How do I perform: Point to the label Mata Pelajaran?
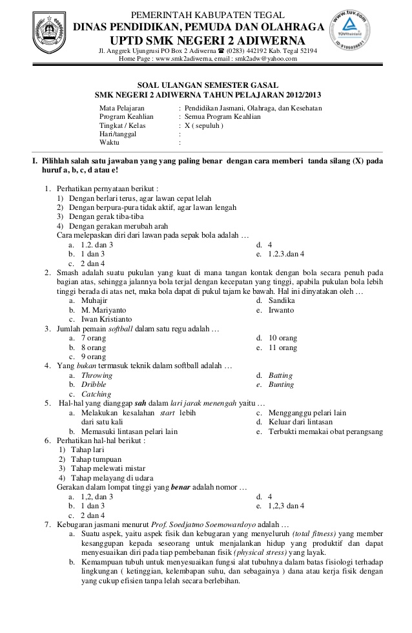tap(122, 108)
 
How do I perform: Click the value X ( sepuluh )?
tap(203, 126)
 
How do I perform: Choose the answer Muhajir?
tap(94, 301)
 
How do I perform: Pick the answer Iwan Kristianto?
tap(107, 319)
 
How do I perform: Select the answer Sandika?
tap(282, 301)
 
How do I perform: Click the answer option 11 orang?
tap(283, 348)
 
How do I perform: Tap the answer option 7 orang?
tap(93, 338)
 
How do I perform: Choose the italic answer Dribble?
tap(94, 385)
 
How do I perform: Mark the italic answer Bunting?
tap(281, 385)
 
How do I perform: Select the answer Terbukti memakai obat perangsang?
tap(325, 431)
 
